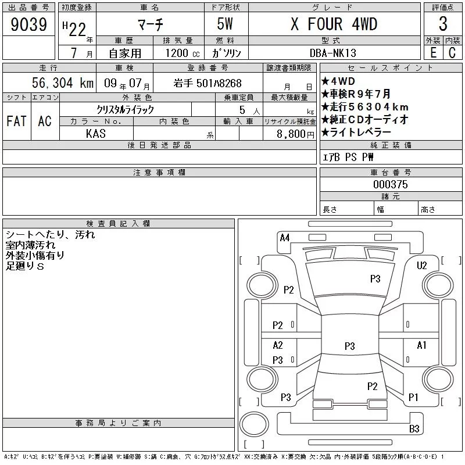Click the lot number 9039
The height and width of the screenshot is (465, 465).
[x=28, y=24]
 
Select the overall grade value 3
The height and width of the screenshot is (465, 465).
[x=443, y=24]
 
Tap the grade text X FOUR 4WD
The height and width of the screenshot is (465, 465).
[x=334, y=24]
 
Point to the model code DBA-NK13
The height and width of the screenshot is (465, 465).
[x=332, y=53]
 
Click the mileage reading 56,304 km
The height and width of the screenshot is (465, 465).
[x=63, y=83]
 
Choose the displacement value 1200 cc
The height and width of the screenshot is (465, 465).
[x=183, y=53]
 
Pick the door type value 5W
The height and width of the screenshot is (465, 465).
[x=225, y=24]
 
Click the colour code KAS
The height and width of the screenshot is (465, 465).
[x=96, y=134]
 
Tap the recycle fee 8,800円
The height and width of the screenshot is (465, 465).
[x=295, y=134]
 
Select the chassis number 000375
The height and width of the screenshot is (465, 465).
[x=391, y=184]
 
